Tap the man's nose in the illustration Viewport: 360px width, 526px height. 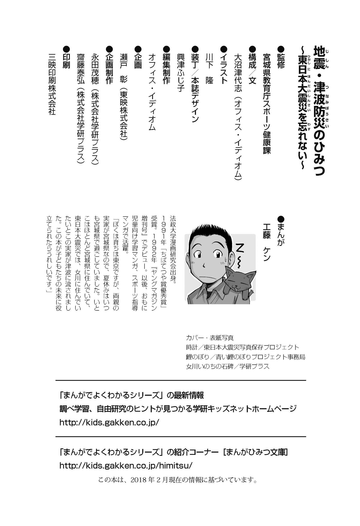[x=204, y=264]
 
